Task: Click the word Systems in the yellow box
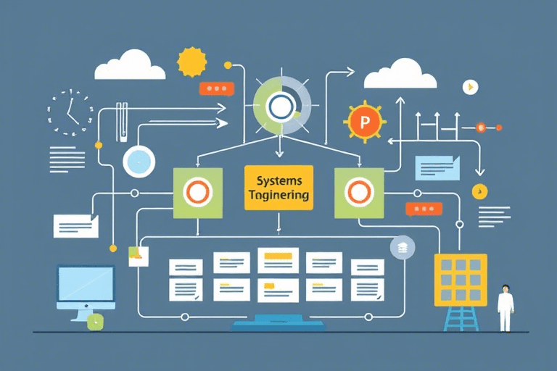pyautogui.click(x=278, y=180)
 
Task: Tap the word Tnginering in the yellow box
pyautogui.click(x=278, y=195)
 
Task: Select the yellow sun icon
pyautogui.click(x=192, y=62)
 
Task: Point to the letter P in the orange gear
pyautogui.click(x=365, y=122)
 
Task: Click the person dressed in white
pyautogui.click(x=505, y=308)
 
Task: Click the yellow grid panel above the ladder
pyautogui.click(x=459, y=279)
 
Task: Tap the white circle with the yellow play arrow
pyautogui.click(x=471, y=87)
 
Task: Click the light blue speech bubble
pyautogui.click(x=437, y=167)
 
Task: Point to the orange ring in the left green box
pyautogui.click(x=197, y=192)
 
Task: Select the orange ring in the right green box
pyautogui.click(x=358, y=192)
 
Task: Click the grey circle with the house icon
pyautogui.click(x=402, y=247)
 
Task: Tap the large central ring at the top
pyautogui.click(x=281, y=106)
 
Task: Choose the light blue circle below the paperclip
pyautogui.click(x=139, y=160)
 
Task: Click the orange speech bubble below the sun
pyautogui.click(x=216, y=88)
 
